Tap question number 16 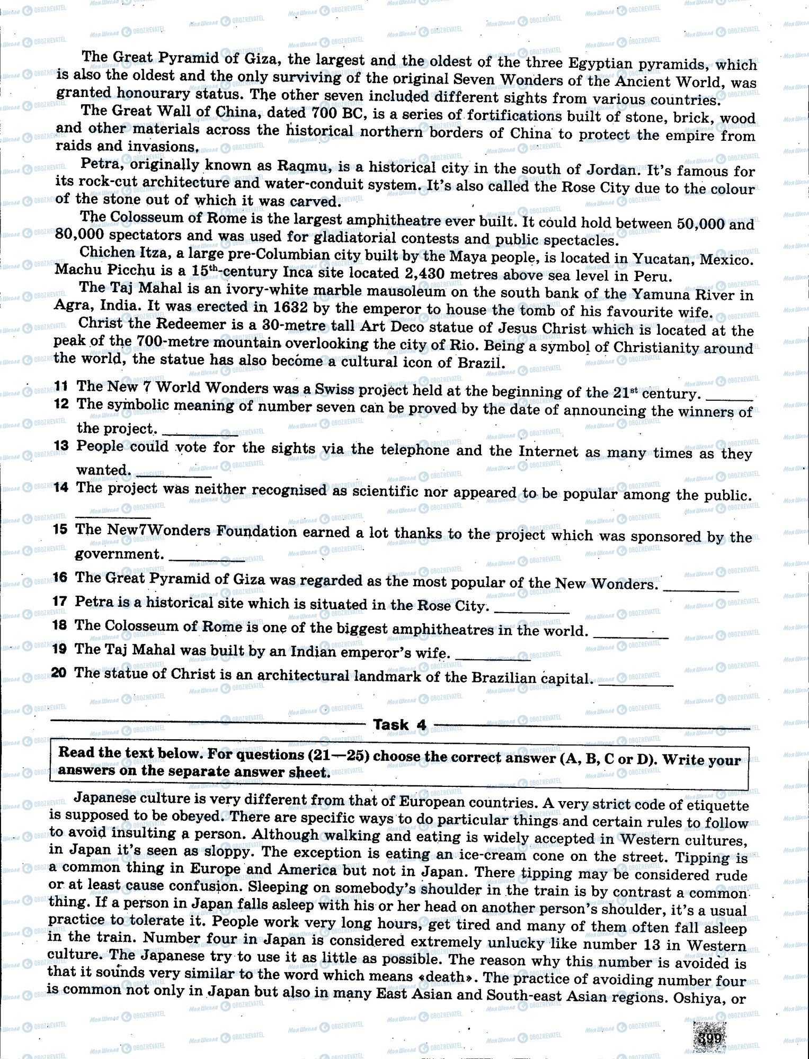60,577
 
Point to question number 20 59,673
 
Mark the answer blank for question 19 493,659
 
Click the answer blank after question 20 635,685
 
